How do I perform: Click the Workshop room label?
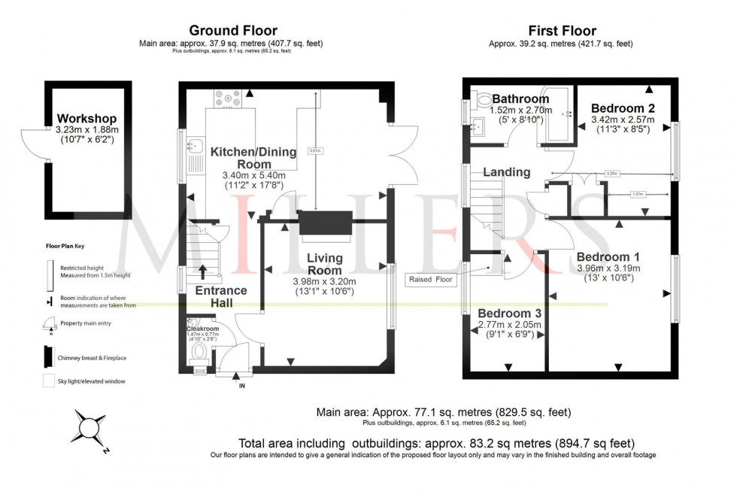click(x=87, y=119)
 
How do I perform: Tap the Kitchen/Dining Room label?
click(x=251, y=158)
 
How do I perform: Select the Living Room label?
click(x=325, y=264)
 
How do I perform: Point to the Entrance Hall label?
click(x=221, y=296)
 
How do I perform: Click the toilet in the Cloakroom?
click(x=199, y=351)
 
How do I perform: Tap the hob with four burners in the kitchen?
click(x=227, y=99)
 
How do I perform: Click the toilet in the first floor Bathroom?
click(x=484, y=99)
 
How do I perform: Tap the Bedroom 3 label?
click(x=509, y=313)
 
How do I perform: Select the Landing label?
click(x=506, y=172)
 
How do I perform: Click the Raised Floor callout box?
click(x=430, y=280)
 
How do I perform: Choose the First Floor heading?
click(x=562, y=31)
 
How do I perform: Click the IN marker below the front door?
click(x=241, y=386)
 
